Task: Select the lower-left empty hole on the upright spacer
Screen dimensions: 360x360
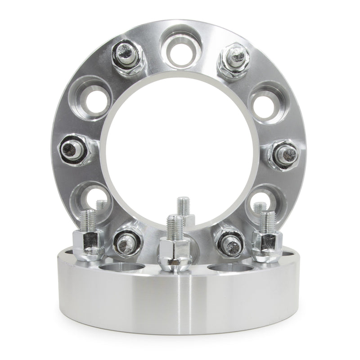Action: coord(92,198)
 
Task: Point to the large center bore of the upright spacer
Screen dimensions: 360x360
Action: coord(180,144)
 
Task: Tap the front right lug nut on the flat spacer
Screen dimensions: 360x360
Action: coord(265,243)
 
